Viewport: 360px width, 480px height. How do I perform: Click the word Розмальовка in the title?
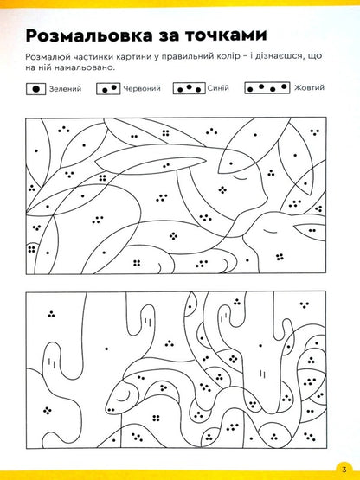click(x=89, y=35)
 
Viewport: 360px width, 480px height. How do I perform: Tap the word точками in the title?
click(x=226, y=35)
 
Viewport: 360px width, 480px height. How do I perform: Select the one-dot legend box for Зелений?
click(x=35, y=89)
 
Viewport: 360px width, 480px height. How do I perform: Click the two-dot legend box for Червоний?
click(x=108, y=89)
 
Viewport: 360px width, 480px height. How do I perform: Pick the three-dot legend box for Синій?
click(x=189, y=88)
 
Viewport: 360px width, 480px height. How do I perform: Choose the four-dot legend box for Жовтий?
click(x=267, y=88)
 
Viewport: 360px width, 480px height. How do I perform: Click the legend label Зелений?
click(x=65, y=89)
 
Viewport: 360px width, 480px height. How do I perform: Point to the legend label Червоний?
click(x=142, y=89)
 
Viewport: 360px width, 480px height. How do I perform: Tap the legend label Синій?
click(x=218, y=88)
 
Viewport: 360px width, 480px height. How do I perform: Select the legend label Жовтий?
click(x=309, y=88)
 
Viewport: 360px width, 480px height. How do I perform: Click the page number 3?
click(x=344, y=469)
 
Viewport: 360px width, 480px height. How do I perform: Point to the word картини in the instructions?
click(x=132, y=57)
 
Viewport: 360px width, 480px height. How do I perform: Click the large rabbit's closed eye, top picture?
click(x=240, y=177)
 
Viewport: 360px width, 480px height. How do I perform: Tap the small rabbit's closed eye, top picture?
click(x=271, y=230)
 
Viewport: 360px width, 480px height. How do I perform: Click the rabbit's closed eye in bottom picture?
click(x=123, y=397)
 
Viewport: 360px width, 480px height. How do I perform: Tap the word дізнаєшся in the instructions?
click(x=280, y=56)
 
